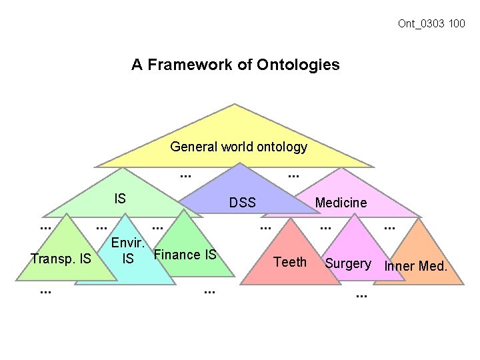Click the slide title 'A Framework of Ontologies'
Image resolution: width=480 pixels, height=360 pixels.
pyautogui.click(x=235, y=65)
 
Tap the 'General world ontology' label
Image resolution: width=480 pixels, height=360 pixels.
pyautogui.click(x=239, y=147)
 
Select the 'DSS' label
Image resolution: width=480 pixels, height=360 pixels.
pyautogui.click(x=242, y=203)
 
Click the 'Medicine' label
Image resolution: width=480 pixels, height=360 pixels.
pyautogui.click(x=341, y=203)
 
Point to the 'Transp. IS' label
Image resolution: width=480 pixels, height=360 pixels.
pyautogui.click(x=61, y=258)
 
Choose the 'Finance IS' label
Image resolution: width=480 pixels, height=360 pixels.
pyautogui.click(x=185, y=254)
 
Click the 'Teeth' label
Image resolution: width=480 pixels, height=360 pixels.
pyautogui.click(x=291, y=262)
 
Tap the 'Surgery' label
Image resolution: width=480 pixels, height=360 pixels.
pyautogui.click(x=348, y=263)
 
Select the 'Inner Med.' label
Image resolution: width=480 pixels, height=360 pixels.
pyautogui.click(x=416, y=267)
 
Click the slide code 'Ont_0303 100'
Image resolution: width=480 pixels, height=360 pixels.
pyautogui.click(x=431, y=24)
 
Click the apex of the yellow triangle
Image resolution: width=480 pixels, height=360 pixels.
pyautogui.click(x=234, y=105)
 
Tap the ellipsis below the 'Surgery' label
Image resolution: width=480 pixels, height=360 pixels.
pyautogui.click(x=361, y=294)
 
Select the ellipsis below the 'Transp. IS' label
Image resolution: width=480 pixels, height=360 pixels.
pyautogui.click(x=45, y=290)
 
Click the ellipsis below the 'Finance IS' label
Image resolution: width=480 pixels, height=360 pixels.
pyautogui.click(x=209, y=290)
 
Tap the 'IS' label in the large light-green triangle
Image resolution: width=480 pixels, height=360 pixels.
pyautogui.click(x=120, y=198)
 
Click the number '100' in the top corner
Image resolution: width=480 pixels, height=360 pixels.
pyautogui.click(x=457, y=24)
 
